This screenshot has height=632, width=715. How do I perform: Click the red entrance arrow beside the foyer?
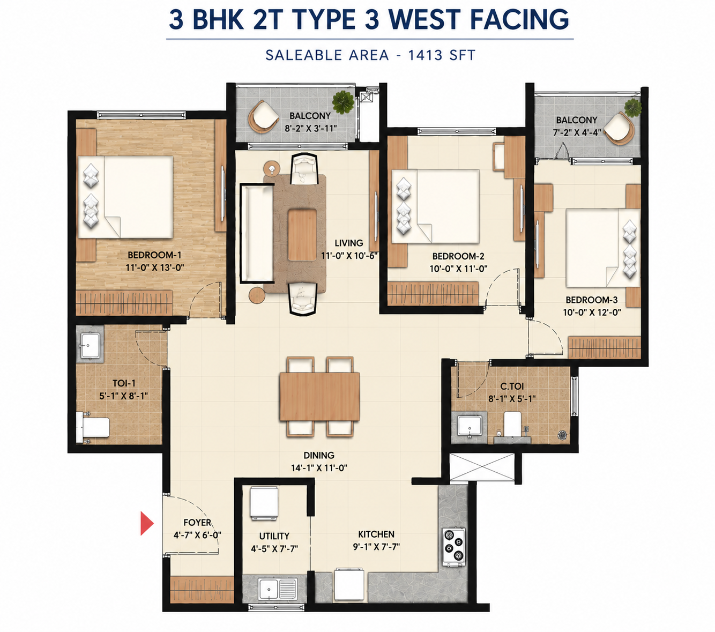pyautogui.click(x=146, y=523)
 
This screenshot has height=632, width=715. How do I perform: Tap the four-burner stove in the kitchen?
pyautogui.click(x=454, y=547)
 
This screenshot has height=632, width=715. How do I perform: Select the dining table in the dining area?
pyautogui.click(x=319, y=397)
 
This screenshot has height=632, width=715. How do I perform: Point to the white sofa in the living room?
pyautogui.click(x=257, y=233)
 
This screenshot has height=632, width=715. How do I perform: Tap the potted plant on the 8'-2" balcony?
pyautogui.click(x=342, y=102)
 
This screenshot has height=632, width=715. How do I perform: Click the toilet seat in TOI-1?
pyautogui.click(x=93, y=427)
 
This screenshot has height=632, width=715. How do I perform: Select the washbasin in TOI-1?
pyautogui.click(x=90, y=345)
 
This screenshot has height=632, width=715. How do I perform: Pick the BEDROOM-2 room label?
pyautogui.click(x=458, y=256)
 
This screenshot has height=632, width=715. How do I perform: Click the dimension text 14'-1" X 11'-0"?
pyautogui.click(x=319, y=468)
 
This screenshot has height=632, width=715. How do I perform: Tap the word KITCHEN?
pyautogui.click(x=376, y=534)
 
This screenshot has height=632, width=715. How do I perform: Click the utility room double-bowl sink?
pyautogui.click(x=277, y=589)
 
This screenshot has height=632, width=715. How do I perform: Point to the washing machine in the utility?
pyautogui.click(x=264, y=503)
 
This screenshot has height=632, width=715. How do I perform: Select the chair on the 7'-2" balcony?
pyautogui.click(x=620, y=129)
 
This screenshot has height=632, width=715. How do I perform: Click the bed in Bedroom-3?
pyautogui.click(x=603, y=248)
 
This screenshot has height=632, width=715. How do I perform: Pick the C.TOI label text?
pyautogui.click(x=512, y=386)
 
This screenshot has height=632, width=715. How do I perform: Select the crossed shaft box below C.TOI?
pyautogui.click(x=482, y=466)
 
